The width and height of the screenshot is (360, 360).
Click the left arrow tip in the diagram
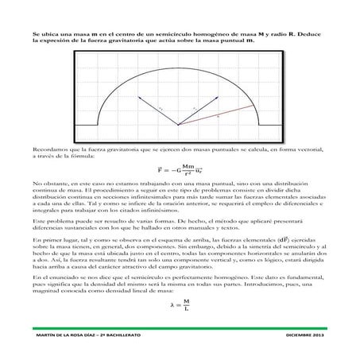(140, 97)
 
